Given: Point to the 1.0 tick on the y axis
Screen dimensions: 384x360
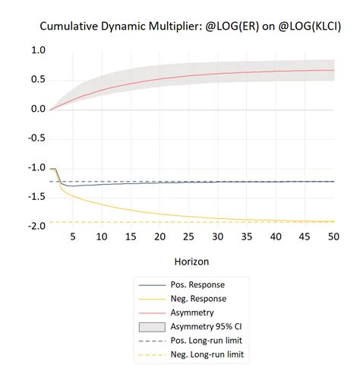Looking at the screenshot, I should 36,51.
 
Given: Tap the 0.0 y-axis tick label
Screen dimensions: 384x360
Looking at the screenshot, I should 36,109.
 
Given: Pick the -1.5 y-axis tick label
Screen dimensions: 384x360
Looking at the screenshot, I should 35,197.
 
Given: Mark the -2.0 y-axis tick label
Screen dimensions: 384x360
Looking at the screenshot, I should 35,227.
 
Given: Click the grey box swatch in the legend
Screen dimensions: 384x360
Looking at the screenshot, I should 153,327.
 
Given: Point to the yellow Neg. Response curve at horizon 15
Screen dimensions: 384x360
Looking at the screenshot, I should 131,209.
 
